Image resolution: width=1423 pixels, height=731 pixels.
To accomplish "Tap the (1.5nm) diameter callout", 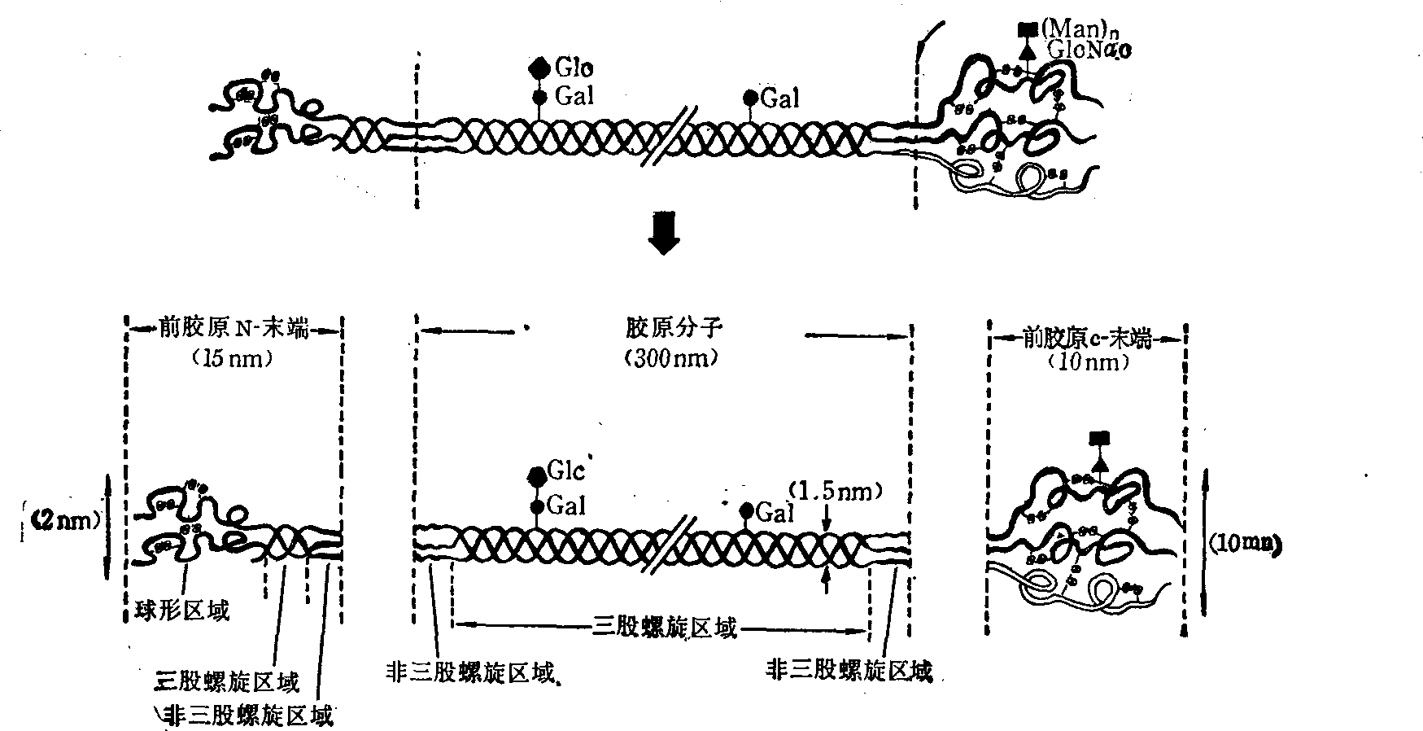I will [836, 492].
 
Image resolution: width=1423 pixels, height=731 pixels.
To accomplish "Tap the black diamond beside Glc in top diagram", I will [538, 67].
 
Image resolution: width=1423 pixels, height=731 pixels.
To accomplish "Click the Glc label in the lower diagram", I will [566, 472].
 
